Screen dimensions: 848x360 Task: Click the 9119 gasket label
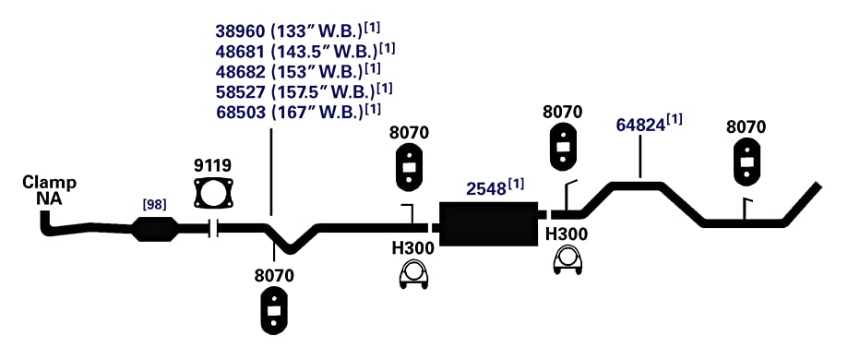click(x=213, y=165)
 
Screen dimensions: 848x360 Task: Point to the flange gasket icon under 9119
click(x=214, y=193)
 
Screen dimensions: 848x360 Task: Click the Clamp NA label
click(x=49, y=190)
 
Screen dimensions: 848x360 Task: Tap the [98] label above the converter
click(x=154, y=205)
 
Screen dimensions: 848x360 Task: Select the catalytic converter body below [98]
click(x=155, y=229)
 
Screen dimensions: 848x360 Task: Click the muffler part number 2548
click(x=485, y=189)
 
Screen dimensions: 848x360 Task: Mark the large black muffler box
click(x=489, y=224)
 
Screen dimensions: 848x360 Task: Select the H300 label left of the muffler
click(x=412, y=248)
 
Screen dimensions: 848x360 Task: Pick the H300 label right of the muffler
click(x=567, y=234)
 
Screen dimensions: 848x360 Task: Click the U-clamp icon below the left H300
click(x=412, y=275)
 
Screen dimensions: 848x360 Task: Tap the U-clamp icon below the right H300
click(x=567, y=260)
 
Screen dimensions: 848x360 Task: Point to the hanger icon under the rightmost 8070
click(x=746, y=162)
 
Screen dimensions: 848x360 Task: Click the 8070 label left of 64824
click(x=563, y=112)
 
